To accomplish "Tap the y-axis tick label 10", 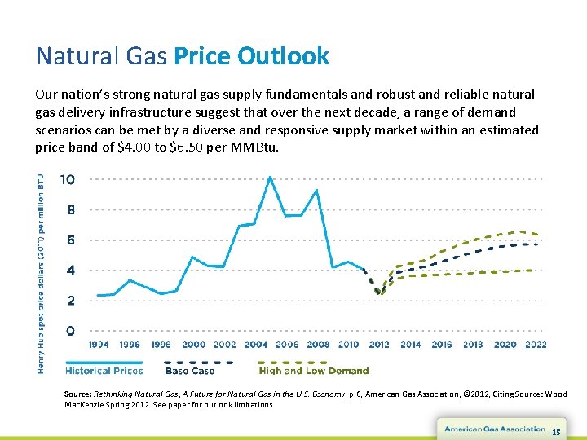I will [68, 179].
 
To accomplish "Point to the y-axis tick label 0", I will [72, 331].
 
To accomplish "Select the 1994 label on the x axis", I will [98, 345].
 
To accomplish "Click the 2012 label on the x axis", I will [379, 345].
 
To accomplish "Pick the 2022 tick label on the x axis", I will [536, 345].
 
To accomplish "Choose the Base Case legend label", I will [190, 371].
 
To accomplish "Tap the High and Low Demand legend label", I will [314, 371].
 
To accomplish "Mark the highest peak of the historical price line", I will [270, 178].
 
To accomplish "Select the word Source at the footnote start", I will [80, 394].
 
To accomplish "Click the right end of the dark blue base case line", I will [536, 244].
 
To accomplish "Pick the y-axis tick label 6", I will [72, 240].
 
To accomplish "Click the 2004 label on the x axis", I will [254, 345].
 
